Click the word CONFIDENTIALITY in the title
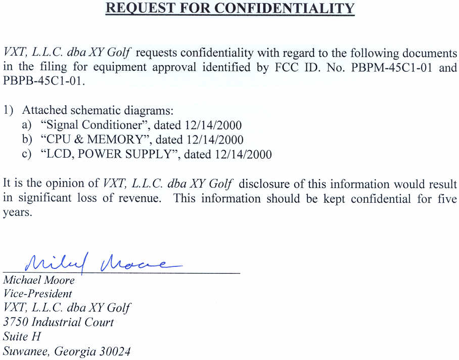click(285, 9)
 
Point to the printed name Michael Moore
click(39, 280)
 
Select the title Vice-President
click(37, 293)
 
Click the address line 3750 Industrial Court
click(59, 322)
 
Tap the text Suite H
click(22, 336)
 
